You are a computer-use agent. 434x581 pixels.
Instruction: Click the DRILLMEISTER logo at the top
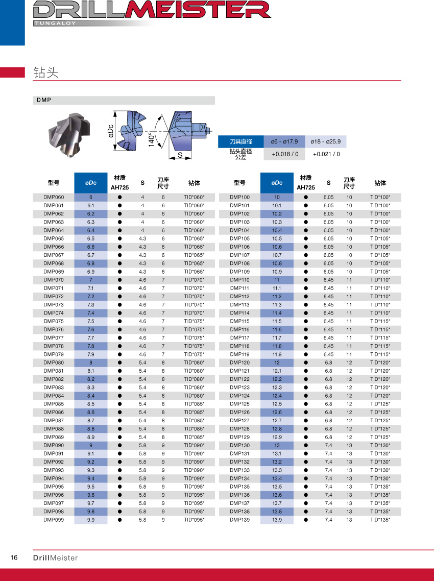(151, 10)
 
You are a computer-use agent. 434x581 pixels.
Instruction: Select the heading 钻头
(46, 72)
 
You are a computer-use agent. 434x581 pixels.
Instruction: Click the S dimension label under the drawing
(180, 154)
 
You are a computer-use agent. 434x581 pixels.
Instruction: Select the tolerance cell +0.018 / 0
(284, 154)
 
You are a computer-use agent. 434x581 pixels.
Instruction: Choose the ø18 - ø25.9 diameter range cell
(326, 141)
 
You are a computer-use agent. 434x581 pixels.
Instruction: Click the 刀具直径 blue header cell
(240, 141)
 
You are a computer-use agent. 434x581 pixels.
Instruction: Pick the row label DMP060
(54, 197)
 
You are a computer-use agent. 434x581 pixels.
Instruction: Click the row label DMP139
(239, 520)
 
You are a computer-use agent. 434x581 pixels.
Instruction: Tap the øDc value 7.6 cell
(91, 329)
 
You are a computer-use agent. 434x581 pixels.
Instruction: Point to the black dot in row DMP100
(306, 197)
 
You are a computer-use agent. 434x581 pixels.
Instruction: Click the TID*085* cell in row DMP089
(194, 437)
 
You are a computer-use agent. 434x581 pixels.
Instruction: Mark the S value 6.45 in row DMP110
(328, 280)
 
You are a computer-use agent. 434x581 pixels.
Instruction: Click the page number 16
(14, 558)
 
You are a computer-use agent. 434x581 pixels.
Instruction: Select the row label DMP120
(239, 362)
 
